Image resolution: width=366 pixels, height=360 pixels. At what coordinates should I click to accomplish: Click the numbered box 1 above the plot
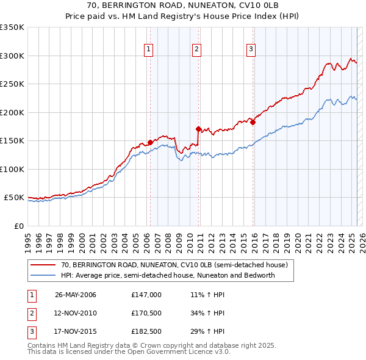coord(149,50)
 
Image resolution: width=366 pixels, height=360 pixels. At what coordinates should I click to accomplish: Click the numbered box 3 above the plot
coord(251,50)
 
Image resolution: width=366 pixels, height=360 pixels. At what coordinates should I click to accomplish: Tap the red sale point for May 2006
coord(150,142)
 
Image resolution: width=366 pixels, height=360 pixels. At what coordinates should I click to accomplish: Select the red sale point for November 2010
coord(198,129)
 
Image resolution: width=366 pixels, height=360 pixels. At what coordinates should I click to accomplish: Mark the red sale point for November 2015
coord(253,122)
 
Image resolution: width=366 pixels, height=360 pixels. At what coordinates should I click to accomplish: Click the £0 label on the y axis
coord(18,226)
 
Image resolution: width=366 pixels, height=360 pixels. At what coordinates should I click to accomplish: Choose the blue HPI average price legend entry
coord(168,275)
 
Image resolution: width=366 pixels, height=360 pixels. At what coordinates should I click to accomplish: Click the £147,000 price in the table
coord(146,295)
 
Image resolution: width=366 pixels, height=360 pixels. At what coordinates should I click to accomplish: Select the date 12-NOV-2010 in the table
coord(76,314)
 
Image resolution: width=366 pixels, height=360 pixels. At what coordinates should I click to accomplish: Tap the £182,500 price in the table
coord(146,333)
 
